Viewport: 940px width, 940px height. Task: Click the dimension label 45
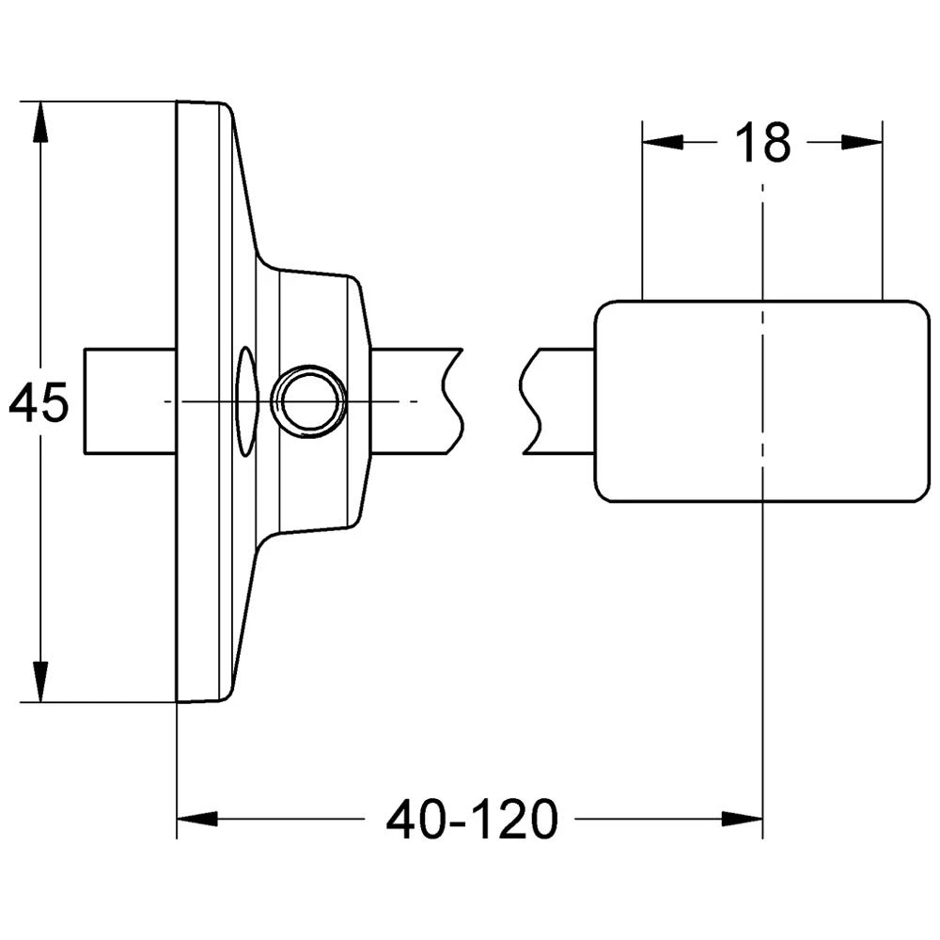(x=39, y=403)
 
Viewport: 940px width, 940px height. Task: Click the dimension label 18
(x=762, y=143)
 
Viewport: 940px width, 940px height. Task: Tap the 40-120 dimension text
(x=472, y=820)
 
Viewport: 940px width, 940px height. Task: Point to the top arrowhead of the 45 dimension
(x=40, y=122)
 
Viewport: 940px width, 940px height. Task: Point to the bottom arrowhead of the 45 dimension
(x=40, y=681)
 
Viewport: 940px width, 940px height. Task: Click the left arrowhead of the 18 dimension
(x=663, y=142)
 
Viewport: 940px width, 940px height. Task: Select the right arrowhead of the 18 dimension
(x=862, y=142)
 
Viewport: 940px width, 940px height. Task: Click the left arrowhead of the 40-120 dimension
(x=197, y=819)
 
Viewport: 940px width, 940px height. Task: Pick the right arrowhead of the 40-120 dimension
(x=743, y=819)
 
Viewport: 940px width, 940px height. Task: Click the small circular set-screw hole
(x=308, y=401)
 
